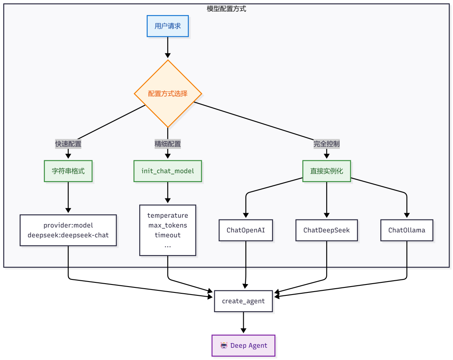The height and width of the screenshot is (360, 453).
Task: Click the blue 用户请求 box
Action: (167, 26)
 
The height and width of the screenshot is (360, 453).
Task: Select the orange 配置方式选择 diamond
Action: (168, 94)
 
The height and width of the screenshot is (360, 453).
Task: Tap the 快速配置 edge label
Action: (68, 144)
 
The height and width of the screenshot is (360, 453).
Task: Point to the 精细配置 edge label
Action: (167, 144)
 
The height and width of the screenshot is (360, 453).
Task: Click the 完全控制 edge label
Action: (326, 144)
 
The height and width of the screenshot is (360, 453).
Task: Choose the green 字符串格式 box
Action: (68, 171)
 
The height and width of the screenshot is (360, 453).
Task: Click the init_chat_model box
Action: (167, 171)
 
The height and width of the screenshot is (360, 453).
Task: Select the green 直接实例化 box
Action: (326, 171)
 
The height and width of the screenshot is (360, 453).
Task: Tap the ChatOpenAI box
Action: (245, 230)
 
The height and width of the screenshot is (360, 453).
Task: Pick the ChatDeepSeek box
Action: (326, 230)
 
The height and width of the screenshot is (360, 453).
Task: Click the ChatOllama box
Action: (407, 230)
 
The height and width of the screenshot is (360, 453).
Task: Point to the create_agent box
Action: (243, 301)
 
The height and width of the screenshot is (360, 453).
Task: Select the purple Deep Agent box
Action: (243, 346)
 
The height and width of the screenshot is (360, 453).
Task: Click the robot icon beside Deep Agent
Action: (224, 345)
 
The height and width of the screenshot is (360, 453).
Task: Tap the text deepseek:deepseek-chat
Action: (68, 235)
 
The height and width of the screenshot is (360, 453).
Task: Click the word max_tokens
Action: (167, 225)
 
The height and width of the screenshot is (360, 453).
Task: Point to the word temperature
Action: (167, 216)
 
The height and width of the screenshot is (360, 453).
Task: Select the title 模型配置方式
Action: (226, 9)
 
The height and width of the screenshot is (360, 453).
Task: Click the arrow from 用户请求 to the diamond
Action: (167, 47)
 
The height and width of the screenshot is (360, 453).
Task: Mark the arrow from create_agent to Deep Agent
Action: (243, 322)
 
